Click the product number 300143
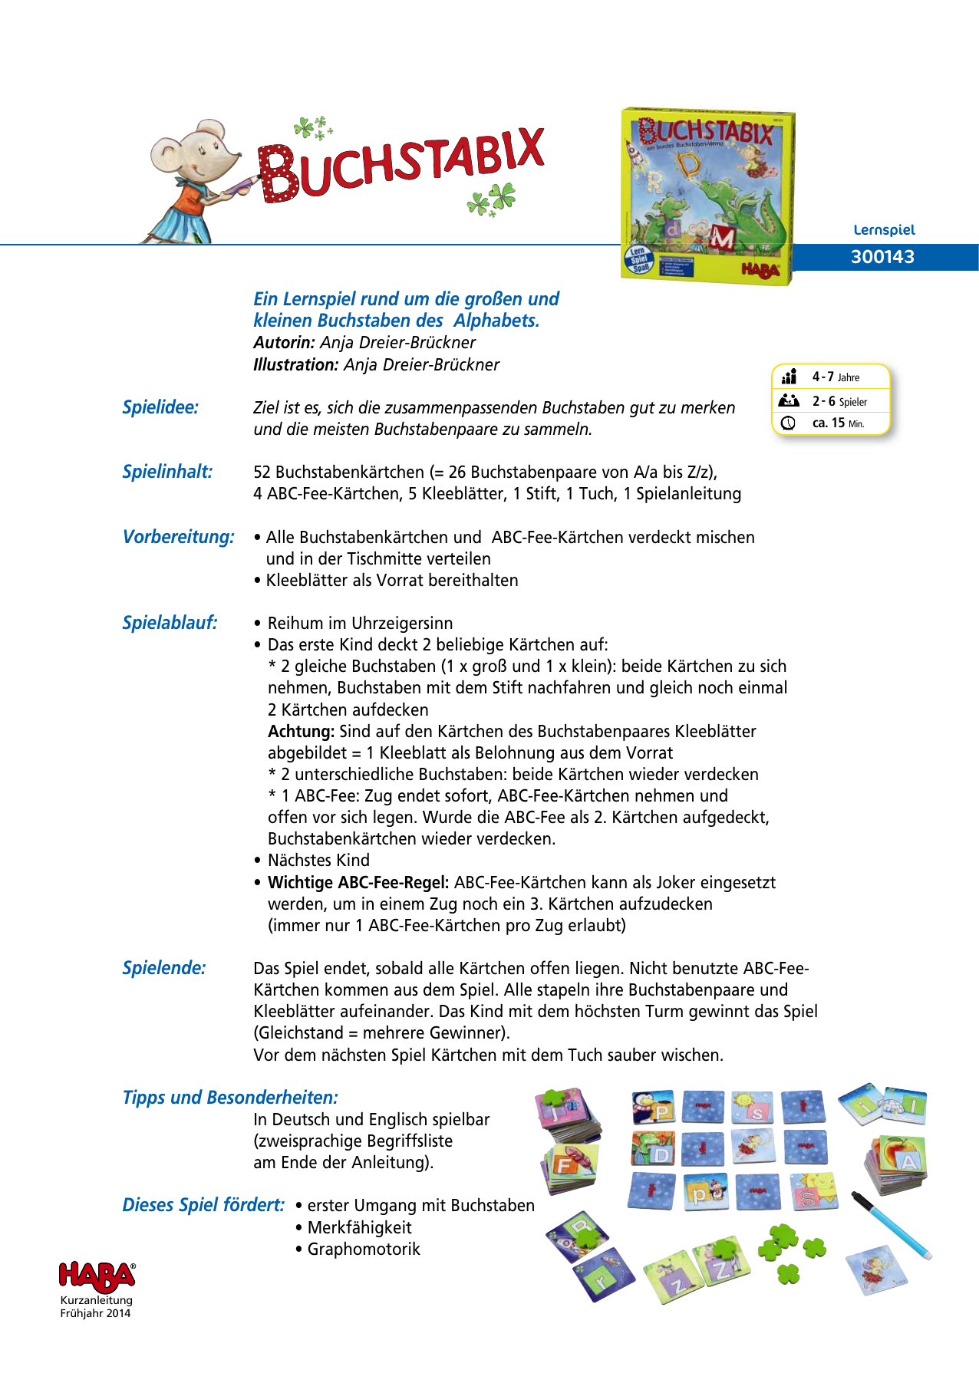tap(882, 257)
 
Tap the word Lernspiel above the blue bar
tap(884, 229)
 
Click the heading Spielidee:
tap(160, 407)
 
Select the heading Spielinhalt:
tap(167, 472)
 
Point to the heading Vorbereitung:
tap(178, 537)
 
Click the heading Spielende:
tap(164, 968)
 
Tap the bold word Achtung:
tap(301, 732)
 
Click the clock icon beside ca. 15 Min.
tap(788, 423)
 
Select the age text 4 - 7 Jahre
tap(836, 377)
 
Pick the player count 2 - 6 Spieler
tap(839, 401)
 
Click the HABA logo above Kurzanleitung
tap(97, 1276)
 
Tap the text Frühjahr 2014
tap(96, 1313)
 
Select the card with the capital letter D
tap(654, 1149)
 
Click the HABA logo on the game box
tap(760, 269)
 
